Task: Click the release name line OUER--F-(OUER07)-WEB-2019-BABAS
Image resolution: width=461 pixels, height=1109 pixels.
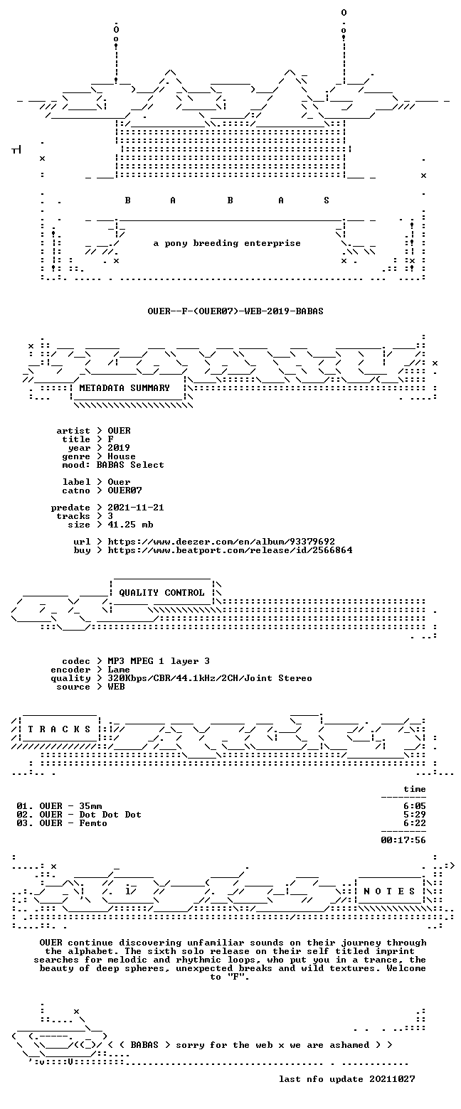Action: click(x=235, y=311)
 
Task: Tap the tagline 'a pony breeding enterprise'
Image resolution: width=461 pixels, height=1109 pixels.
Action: click(x=227, y=243)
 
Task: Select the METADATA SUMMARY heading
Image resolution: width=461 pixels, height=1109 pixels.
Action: click(x=124, y=387)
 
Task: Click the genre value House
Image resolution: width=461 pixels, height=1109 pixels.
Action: click(x=122, y=456)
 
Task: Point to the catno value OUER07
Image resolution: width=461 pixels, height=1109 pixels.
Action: click(x=125, y=490)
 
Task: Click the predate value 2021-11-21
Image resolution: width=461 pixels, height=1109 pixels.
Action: click(x=136, y=507)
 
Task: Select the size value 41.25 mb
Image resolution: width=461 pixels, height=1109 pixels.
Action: click(x=130, y=525)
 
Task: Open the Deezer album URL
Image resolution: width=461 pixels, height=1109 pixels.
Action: click(x=221, y=542)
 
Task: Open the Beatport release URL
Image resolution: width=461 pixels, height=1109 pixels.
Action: click(x=230, y=550)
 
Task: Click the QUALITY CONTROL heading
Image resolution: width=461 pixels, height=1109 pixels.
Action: click(x=161, y=593)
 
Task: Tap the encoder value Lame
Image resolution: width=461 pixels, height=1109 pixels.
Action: click(x=119, y=670)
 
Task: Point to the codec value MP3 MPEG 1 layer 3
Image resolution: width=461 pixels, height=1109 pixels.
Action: click(x=159, y=661)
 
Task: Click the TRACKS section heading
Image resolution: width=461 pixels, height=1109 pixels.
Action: click(x=60, y=729)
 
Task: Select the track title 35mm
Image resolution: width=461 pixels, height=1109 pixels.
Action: click(x=91, y=806)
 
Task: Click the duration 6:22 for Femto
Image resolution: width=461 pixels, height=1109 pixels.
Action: click(x=415, y=823)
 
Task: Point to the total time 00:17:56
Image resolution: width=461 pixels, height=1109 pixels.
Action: click(x=403, y=840)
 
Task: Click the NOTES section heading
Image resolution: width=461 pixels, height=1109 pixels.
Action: click(x=390, y=891)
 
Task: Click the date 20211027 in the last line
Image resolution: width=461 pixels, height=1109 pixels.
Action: click(x=392, y=1079)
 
